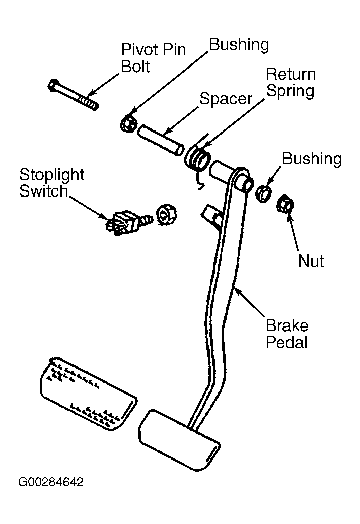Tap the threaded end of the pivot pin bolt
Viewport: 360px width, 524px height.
[x=90, y=102]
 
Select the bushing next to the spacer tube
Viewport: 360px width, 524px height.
[x=128, y=123]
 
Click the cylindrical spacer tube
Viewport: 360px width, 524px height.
[x=161, y=140]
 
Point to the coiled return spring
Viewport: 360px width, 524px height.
[x=198, y=158]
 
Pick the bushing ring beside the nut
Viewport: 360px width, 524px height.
[x=263, y=194]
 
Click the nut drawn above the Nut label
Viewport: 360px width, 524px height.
[x=285, y=203]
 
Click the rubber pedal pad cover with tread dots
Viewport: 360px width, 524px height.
[x=89, y=392]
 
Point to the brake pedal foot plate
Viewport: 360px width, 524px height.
[x=179, y=439]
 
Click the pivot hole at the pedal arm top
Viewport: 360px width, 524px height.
[x=247, y=185]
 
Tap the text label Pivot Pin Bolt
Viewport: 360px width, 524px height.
[x=153, y=58]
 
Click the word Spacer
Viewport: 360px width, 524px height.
[x=226, y=99]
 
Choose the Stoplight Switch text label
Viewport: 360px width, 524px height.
[x=52, y=183]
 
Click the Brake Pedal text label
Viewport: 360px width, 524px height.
[x=287, y=334]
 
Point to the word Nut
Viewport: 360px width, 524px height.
[x=311, y=260]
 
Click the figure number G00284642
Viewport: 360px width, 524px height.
[x=51, y=482]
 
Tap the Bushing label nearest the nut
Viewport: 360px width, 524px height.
[x=312, y=159]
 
